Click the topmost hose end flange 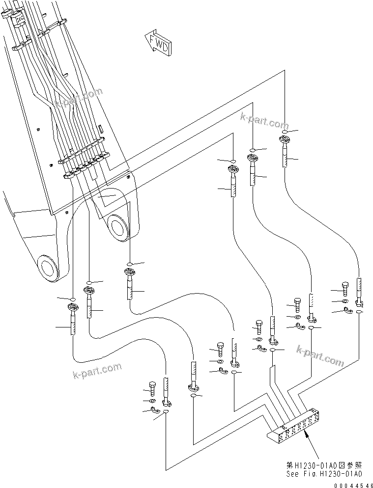click(x=285, y=141)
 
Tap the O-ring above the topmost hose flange click(x=285, y=132)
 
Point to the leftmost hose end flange click(x=73, y=309)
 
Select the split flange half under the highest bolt click(x=348, y=310)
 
